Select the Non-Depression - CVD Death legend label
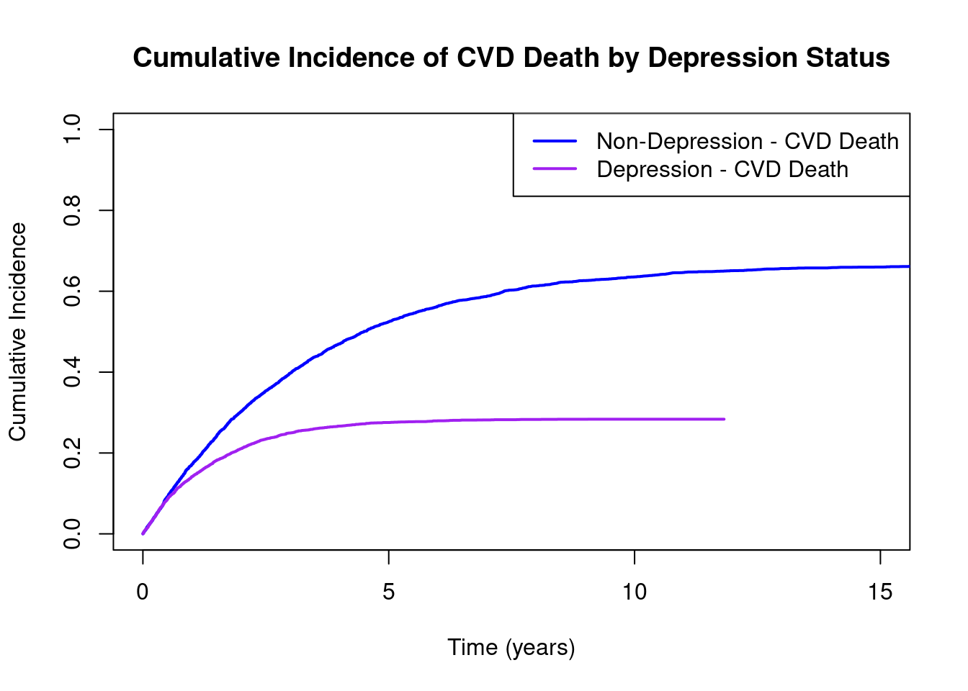click(747, 142)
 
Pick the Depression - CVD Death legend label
click(722, 170)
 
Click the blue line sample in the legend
click(555, 141)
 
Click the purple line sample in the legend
click(555, 169)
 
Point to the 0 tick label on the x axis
click(143, 592)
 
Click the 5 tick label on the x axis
click(389, 592)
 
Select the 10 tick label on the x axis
click(635, 592)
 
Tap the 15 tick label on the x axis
click(880, 592)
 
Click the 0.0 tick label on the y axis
click(72, 534)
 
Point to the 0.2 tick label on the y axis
click(72, 453)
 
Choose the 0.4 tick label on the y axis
click(72, 372)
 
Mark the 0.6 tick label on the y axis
click(72, 291)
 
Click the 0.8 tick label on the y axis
click(72, 210)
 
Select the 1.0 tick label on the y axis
click(72, 130)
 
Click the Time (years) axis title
click(511, 648)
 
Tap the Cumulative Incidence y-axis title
click(18, 331)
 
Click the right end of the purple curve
click(724, 419)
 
